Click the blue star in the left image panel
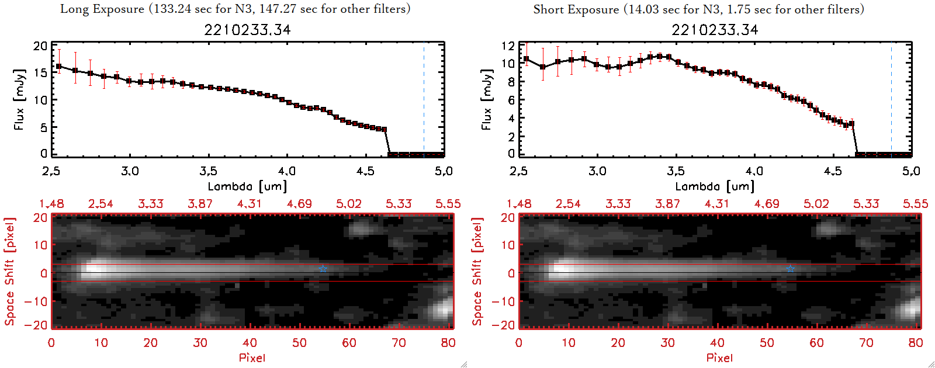click(x=323, y=269)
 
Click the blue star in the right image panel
click(x=790, y=269)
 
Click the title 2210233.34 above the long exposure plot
click(x=247, y=30)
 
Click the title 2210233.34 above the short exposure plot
click(x=715, y=30)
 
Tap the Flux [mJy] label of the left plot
click(x=19, y=99)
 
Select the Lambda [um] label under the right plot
click(x=715, y=186)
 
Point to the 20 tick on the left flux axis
click(x=40, y=46)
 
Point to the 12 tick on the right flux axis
click(x=508, y=46)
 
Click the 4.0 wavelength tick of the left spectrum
click(x=287, y=171)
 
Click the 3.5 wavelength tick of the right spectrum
click(x=676, y=171)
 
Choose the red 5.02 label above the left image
click(x=349, y=204)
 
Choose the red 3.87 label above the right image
click(x=667, y=204)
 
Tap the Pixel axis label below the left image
click(x=252, y=357)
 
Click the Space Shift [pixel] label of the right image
click(x=477, y=272)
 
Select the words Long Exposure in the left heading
click(x=102, y=9)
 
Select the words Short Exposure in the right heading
click(x=576, y=9)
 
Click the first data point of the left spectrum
click(x=58, y=67)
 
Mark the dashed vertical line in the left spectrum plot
click(x=424, y=99)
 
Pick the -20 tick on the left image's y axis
click(x=40, y=325)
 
